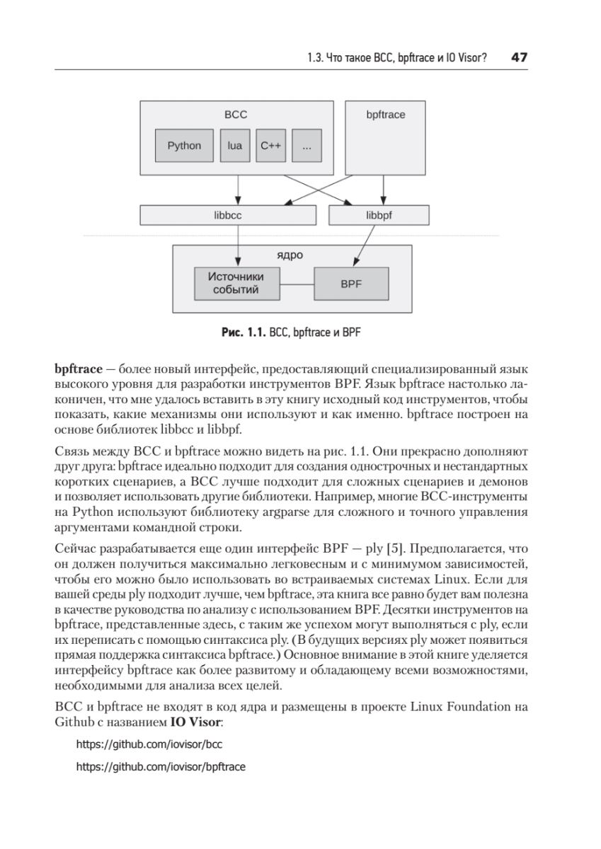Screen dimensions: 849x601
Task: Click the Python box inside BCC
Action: (184, 146)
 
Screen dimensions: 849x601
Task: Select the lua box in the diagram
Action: (235, 146)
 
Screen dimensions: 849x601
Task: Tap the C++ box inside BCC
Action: (270, 146)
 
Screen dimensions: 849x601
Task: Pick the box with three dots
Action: (307, 146)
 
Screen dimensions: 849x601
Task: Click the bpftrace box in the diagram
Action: (386, 138)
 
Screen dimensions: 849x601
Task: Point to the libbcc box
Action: (227, 215)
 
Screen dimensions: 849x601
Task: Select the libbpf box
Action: (379, 215)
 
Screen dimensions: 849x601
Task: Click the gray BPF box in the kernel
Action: (351, 284)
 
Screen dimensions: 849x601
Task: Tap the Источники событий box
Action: (236, 283)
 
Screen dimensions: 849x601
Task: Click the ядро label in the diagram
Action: (292, 254)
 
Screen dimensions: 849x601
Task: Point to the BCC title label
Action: (236, 115)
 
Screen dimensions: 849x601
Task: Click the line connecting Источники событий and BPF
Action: (297, 284)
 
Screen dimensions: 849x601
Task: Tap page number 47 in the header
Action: (520, 57)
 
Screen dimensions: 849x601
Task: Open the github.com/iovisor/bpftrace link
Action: (160, 766)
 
